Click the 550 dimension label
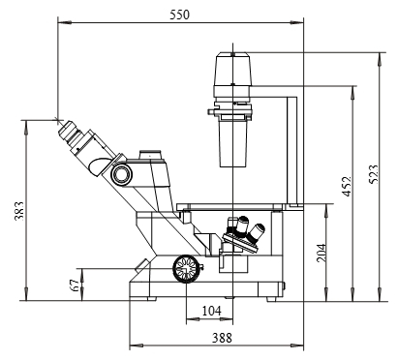tap(180, 15)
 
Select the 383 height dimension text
tap(19, 211)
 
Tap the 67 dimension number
tap(75, 285)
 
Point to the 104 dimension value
tap(212, 311)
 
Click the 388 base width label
tap(222, 338)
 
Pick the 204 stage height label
tap(321, 253)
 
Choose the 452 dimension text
tap(347, 186)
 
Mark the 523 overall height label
tap(373, 174)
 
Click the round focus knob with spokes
tap(186, 269)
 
